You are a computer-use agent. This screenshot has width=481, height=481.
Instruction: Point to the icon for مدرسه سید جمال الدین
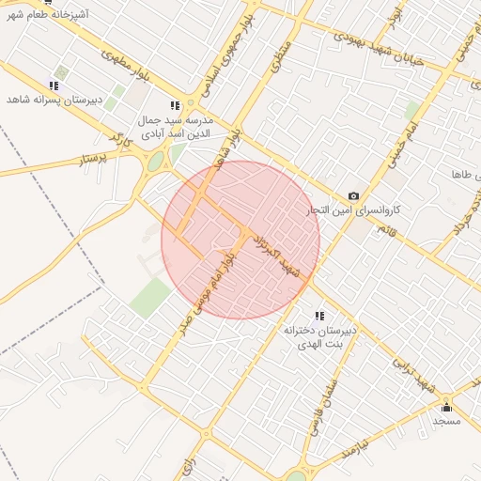tap(175, 106)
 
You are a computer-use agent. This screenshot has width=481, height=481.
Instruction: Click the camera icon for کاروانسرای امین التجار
tap(353, 195)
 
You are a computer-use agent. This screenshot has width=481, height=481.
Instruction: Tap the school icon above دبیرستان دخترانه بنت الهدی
tap(319, 316)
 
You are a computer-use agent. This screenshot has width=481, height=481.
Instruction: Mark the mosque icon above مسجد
tap(446, 407)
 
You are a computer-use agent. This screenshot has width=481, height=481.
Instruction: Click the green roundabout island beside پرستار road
tap(153, 163)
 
